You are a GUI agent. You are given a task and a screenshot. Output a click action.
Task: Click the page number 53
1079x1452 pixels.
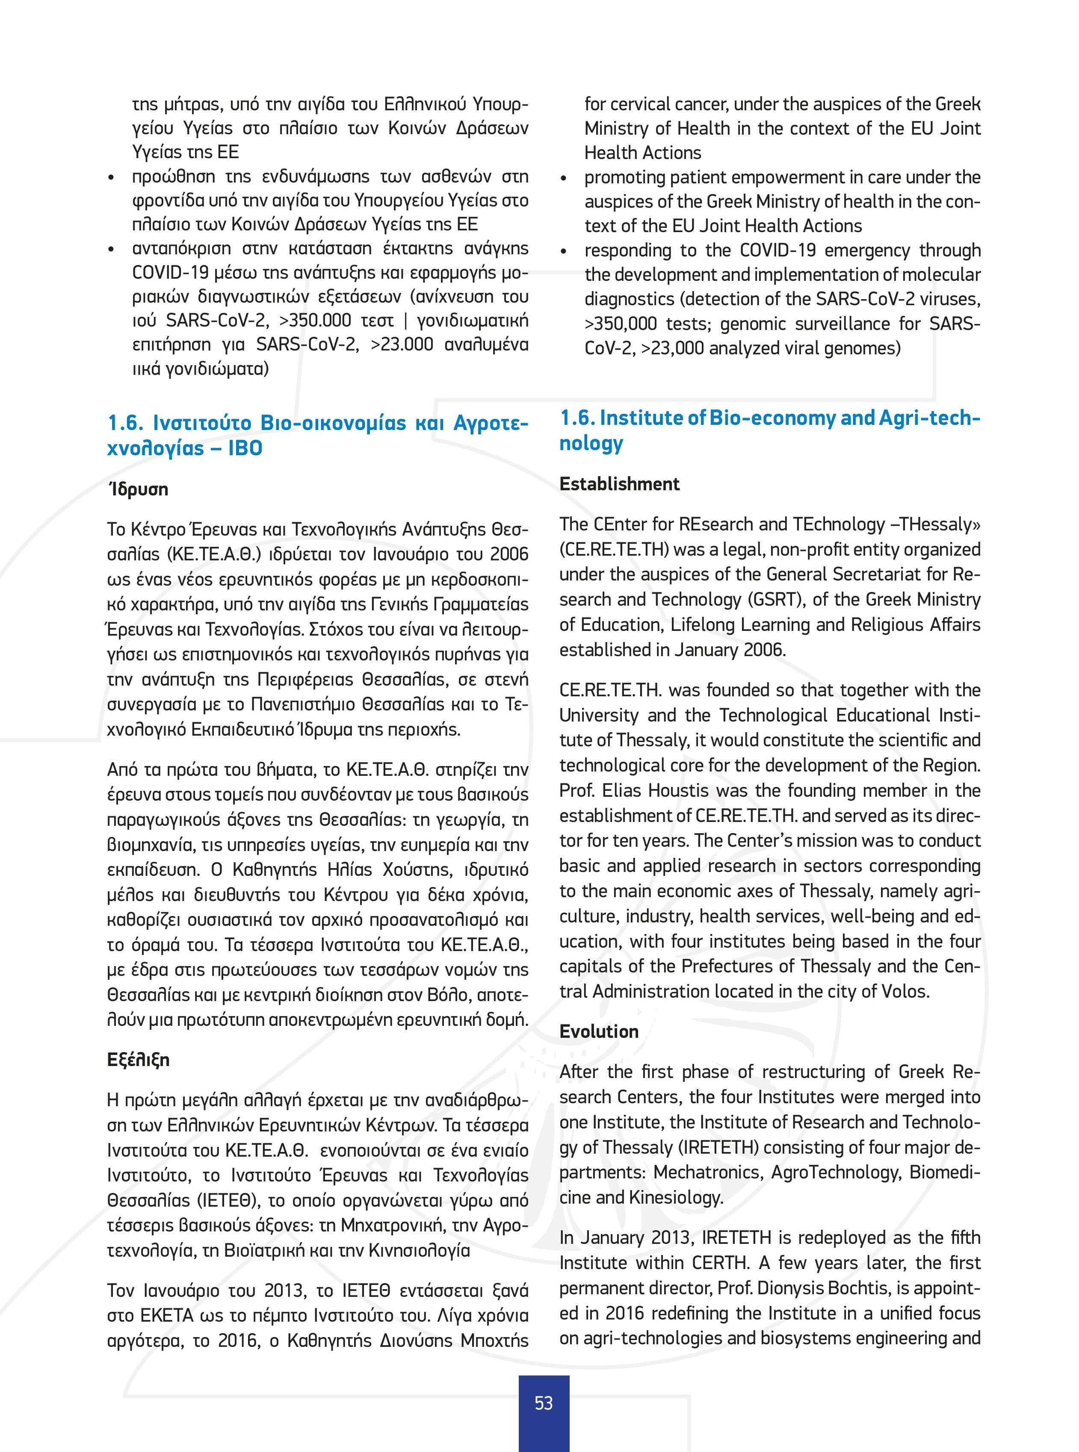[544, 1403]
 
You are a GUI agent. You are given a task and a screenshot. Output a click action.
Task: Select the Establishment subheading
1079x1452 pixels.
[619, 484]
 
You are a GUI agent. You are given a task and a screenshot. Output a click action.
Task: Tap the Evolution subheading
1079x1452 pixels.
[599, 1031]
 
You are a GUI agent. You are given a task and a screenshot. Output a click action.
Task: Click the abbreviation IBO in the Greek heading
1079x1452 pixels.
[245, 448]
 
